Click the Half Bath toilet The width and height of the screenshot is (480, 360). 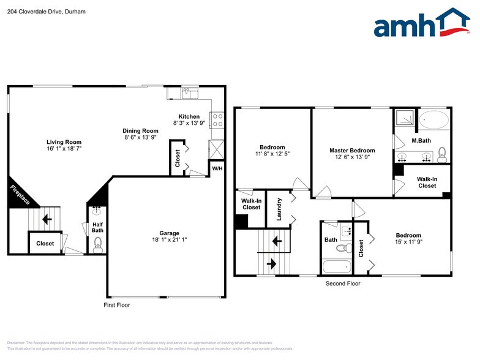(97, 248)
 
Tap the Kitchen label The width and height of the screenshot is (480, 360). (189, 116)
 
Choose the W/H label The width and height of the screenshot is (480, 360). (217, 168)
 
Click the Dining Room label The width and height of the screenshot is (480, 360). (141, 130)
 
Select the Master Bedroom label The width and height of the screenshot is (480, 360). (352, 150)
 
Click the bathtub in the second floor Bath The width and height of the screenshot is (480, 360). (336, 266)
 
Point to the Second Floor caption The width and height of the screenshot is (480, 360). (343, 283)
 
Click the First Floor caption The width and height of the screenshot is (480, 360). (116, 304)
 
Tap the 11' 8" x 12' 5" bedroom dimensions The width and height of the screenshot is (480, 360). (272, 154)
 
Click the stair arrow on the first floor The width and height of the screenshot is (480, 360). (47, 218)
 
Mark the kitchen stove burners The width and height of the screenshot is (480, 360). (217, 119)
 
